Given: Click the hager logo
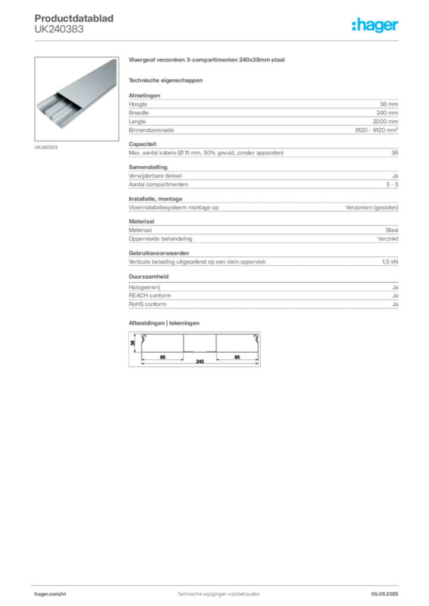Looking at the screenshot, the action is pyautogui.click(x=374, y=25).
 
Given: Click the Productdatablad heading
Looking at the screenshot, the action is pyautogui.click(x=74, y=18).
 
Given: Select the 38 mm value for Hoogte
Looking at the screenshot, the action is pyautogui.click(x=389, y=104).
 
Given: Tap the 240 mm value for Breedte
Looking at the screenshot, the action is pyautogui.click(x=387, y=113).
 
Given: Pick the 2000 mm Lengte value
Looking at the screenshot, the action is pyautogui.click(x=385, y=121).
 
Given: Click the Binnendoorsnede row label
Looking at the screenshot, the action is pyautogui.click(x=151, y=130).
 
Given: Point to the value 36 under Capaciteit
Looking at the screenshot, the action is pyautogui.click(x=395, y=153).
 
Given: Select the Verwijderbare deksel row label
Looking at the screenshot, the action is pyautogui.click(x=155, y=176).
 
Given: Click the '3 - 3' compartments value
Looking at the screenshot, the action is pyautogui.click(x=392, y=185).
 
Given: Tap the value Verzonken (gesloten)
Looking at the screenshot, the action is pyautogui.click(x=372, y=208).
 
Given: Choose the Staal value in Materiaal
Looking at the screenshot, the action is pyautogui.click(x=392, y=230).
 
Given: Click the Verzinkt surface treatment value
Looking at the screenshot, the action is pyautogui.click(x=388, y=239).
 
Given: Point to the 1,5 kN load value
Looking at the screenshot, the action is pyautogui.click(x=390, y=262).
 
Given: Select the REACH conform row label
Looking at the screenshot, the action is pyautogui.click(x=150, y=296).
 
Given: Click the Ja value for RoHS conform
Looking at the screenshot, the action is pyautogui.click(x=395, y=304).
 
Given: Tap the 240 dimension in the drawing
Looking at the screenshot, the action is pyautogui.click(x=200, y=362).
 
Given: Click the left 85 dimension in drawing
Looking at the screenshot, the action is pyautogui.click(x=163, y=357).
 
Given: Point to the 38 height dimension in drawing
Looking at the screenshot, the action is pyautogui.click(x=133, y=343).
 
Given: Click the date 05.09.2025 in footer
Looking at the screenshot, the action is pyautogui.click(x=385, y=594).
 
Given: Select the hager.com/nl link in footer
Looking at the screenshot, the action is pyautogui.click(x=50, y=594).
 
